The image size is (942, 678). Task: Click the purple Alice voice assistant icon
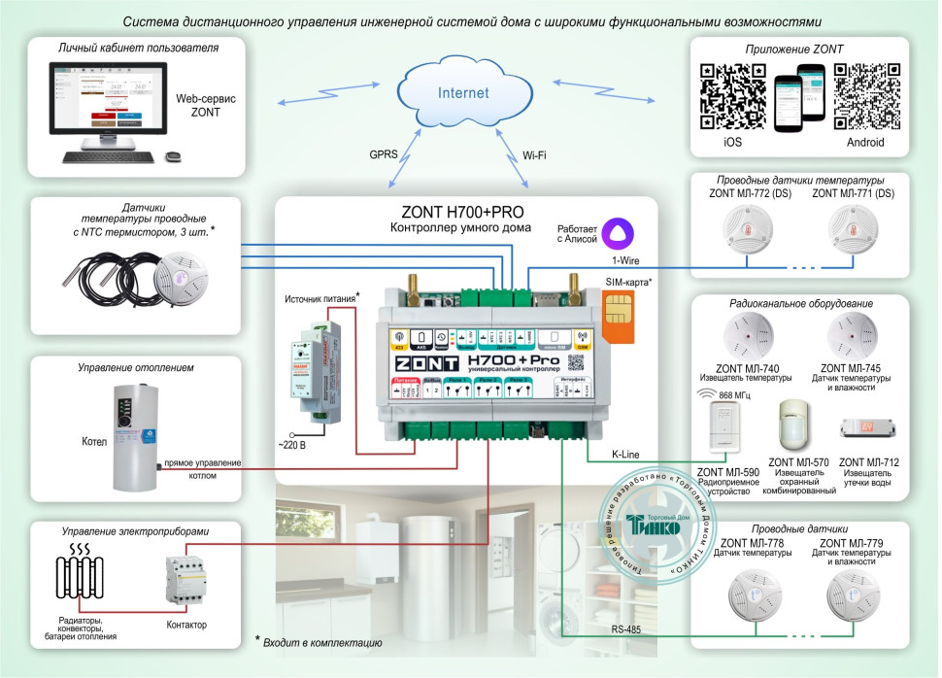(615, 231)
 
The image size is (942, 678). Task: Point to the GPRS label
(381, 153)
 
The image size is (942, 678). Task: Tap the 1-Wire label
(624, 262)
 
